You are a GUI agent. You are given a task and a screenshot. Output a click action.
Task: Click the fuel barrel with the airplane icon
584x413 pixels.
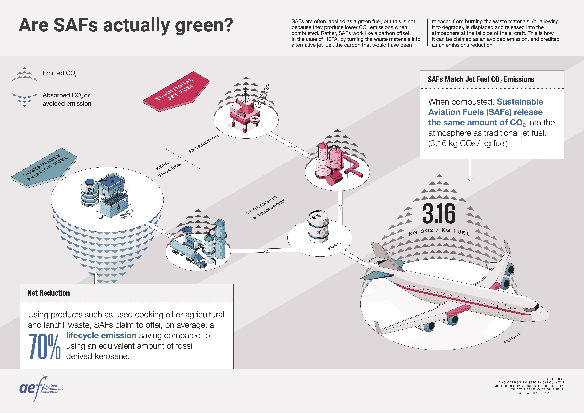(318, 226)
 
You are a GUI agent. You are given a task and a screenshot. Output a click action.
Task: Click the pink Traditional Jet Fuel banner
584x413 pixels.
(176, 92)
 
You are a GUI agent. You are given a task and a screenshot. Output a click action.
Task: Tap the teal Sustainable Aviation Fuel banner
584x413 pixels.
(44, 168)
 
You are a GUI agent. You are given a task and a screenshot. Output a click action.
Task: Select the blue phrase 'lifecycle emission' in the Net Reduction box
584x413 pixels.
(101, 335)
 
